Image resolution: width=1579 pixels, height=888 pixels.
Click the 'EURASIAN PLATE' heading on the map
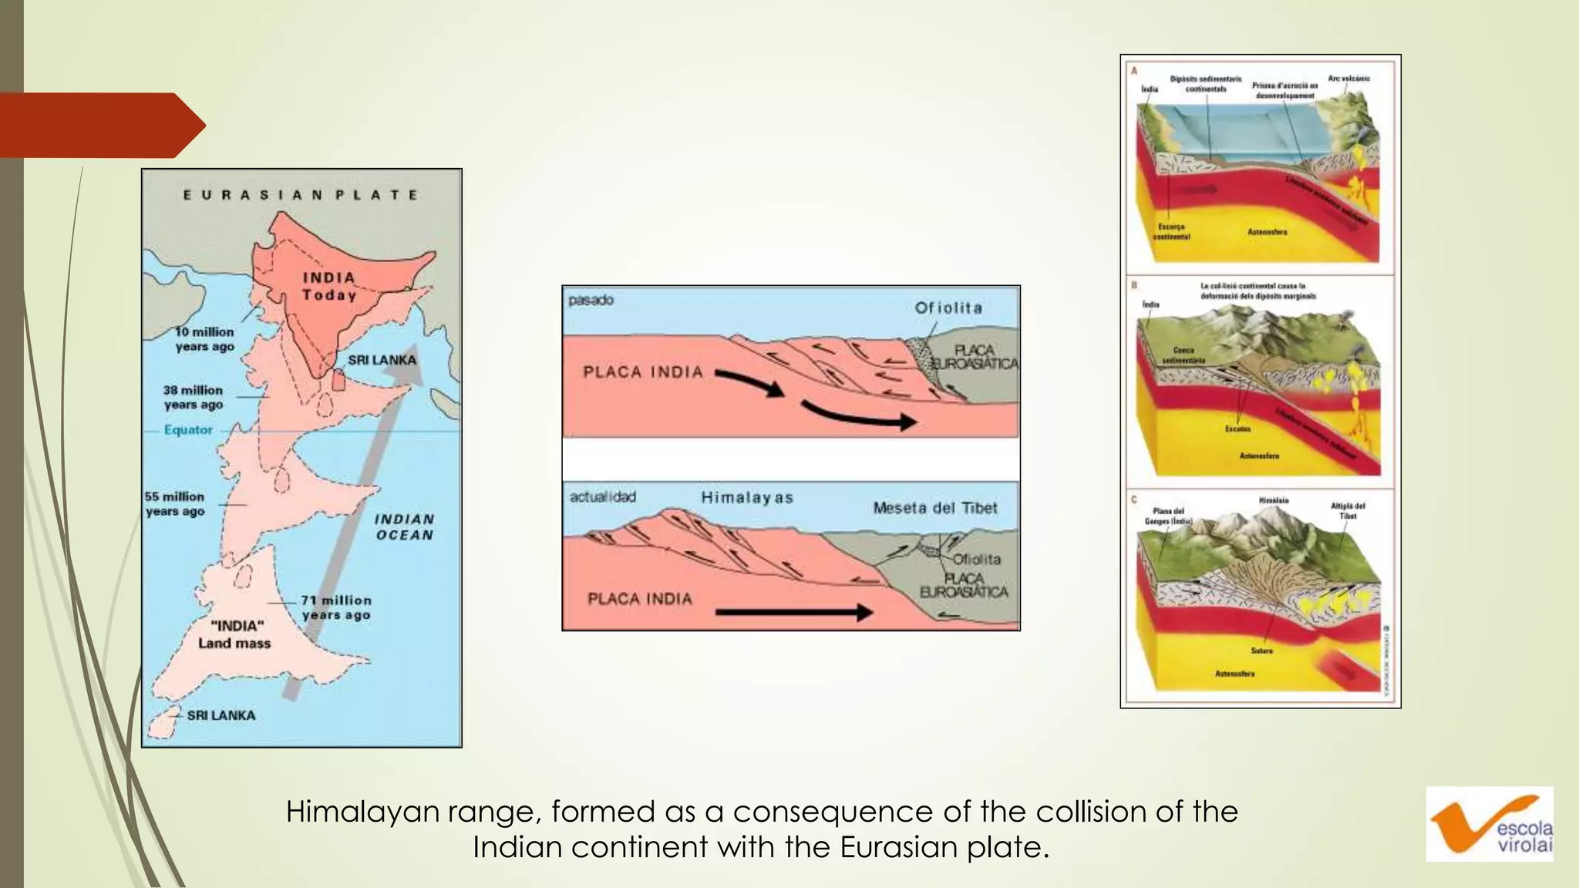coord(301,195)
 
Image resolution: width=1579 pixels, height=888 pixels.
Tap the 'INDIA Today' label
coord(329,286)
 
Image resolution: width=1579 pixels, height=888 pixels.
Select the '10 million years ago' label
coord(204,339)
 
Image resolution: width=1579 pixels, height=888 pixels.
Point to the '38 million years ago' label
coord(193,397)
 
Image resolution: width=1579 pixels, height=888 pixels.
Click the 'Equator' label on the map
coord(188,429)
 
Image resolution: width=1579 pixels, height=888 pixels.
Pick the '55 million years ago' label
coord(175,503)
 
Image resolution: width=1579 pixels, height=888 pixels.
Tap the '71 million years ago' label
coord(336,607)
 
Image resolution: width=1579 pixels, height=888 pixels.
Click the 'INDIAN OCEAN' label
coord(405,527)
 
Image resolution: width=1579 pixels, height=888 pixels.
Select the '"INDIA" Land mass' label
coord(235,634)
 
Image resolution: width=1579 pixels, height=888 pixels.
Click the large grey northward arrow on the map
coord(355,524)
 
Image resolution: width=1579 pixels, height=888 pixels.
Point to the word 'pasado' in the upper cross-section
coord(591,300)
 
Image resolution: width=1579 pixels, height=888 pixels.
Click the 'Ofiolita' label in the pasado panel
coord(948,308)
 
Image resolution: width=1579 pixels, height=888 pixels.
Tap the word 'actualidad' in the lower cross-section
coord(603,497)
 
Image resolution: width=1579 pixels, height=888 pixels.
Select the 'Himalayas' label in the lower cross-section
coord(747,498)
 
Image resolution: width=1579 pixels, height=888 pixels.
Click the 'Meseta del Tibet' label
coord(935,508)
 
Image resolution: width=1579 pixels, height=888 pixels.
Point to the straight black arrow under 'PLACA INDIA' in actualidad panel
coord(794,613)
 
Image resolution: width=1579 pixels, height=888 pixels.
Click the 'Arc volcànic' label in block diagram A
coord(1348,79)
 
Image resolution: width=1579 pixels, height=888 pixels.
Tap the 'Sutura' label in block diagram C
coord(1262,651)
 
